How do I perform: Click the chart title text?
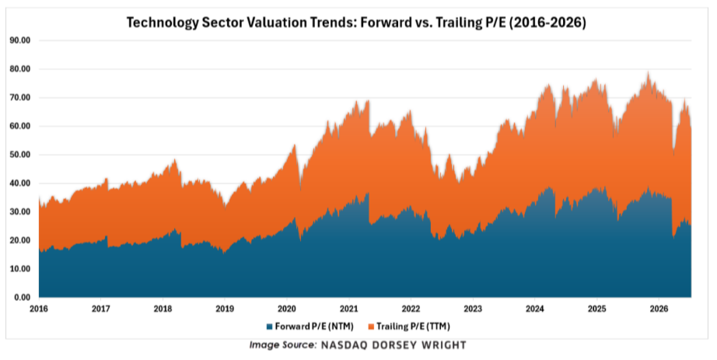pyautogui.click(x=356, y=23)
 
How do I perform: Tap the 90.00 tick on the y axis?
pyautogui.click(x=19, y=40)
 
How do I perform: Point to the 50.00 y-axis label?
pyautogui.click(x=19, y=155)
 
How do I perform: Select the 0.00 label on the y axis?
pyautogui.click(x=22, y=297)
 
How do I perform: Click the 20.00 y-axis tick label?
pyautogui.click(x=19, y=240)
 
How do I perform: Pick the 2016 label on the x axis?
pyautogui.click(x=39, y=309)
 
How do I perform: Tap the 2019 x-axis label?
pyautogui.click(x=225, y=309)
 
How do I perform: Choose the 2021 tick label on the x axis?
pyautogui.click(x=348, y=309)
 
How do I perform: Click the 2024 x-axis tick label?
pyautogui.click(x=534, y=309)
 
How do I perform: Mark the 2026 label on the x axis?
pyautogui.click(x=659, y=309)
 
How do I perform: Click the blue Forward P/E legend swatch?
pyautogui.click(x=270, y=327)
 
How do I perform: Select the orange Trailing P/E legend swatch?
pyautogui.click(x=371, y=327)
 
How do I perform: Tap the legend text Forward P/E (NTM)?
pyautogui.click(x=314, y=327)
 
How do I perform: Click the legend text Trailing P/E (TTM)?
pyautogui.click(x=414, y=327)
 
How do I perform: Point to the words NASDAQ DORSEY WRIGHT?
pyautogui.click(x=393, y=345)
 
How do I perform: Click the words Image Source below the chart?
pyautogui.click(x=282, y=345)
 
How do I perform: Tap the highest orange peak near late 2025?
pyautogui.click(x=648, y=72)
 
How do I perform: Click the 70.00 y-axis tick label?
pyautogui.click(x=19, y=97)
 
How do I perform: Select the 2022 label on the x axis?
pyautogui.click(x=411, y=309)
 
